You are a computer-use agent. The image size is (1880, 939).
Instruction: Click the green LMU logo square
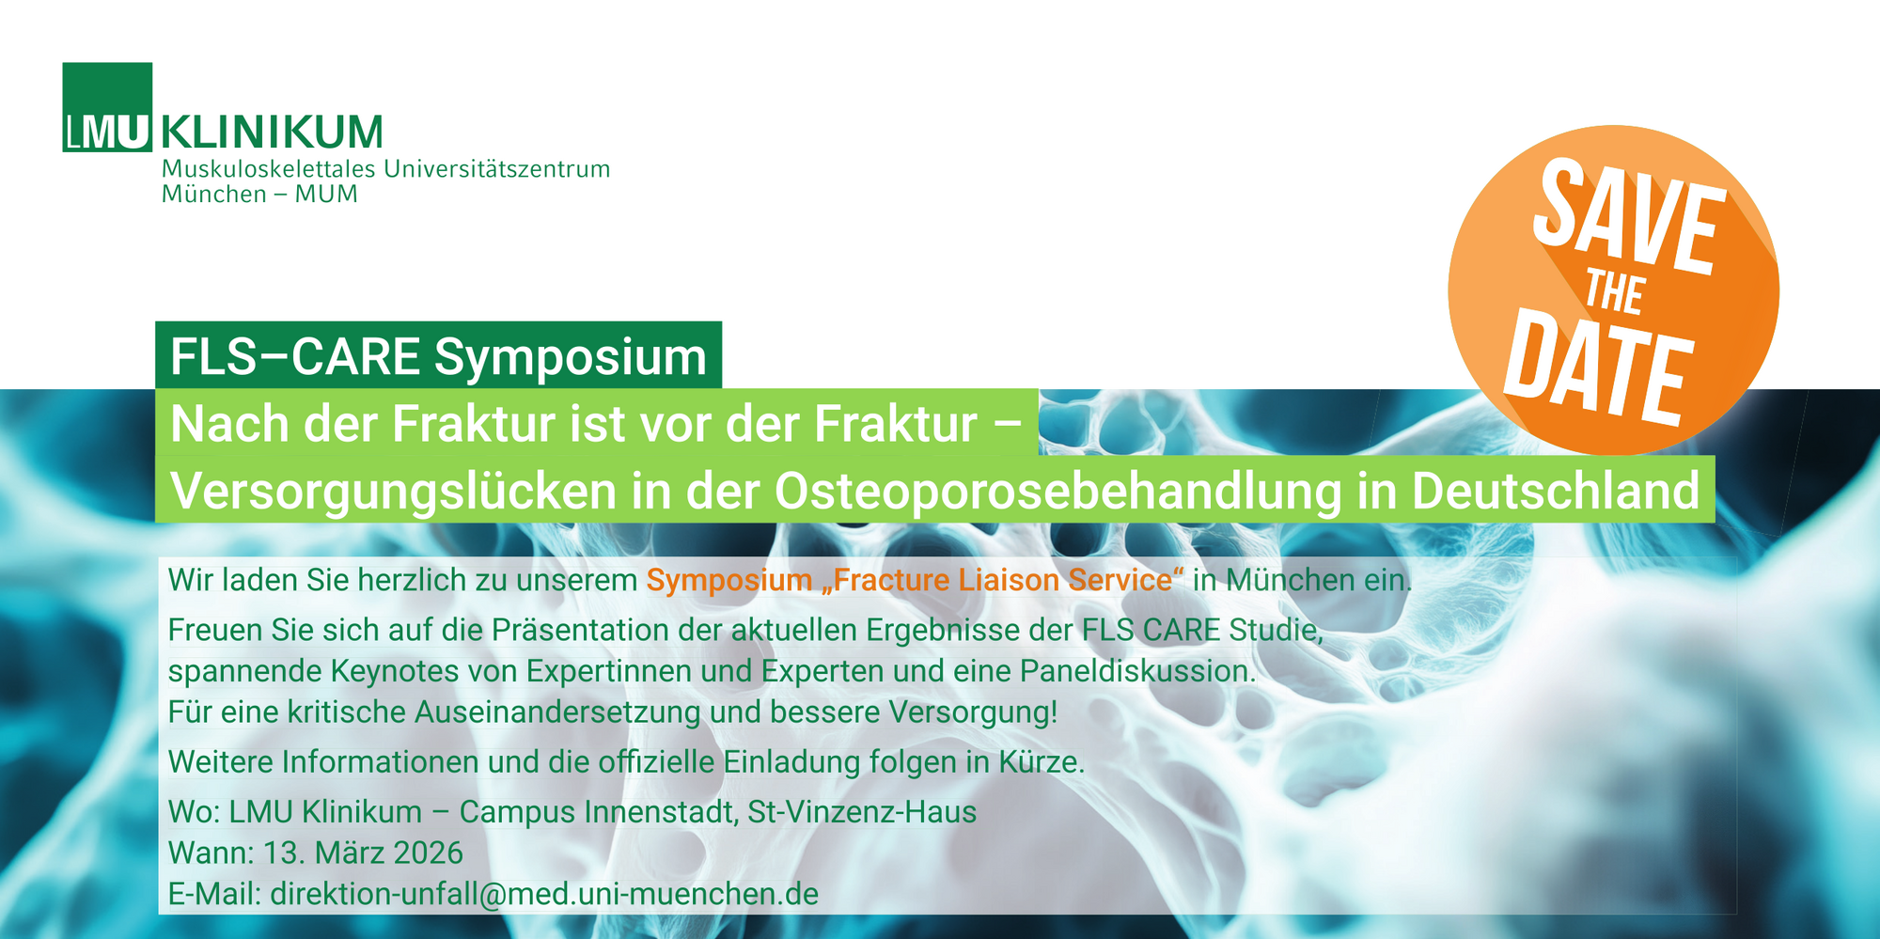[x=107, y=106]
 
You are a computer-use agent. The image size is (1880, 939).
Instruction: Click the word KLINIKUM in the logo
[x=272, y=133]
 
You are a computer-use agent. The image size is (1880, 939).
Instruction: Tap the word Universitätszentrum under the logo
[x=496, y=169]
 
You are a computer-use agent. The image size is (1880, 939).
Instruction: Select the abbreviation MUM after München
[x=326, y=195]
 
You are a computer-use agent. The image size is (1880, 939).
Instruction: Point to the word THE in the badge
[x=1614, y=292]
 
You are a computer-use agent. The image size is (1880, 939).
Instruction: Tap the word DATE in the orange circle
[x=1597, y=368]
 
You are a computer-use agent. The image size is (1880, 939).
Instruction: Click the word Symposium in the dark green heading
[x=570, y=357]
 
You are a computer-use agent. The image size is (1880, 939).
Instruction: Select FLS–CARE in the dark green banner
[x=295, y=357]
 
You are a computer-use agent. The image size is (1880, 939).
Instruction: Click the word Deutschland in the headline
[x=1556, y=491]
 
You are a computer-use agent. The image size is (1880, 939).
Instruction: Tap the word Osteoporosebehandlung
[x=1057, y=491]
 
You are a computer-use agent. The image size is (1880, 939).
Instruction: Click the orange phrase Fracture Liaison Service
[x=1002, y=580]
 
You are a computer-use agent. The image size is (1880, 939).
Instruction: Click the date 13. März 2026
[x=363, y=853]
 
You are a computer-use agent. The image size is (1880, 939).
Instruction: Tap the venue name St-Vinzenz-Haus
[x=862, y=812]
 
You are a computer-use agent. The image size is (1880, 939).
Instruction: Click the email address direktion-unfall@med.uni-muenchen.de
[x=544, y=894]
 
